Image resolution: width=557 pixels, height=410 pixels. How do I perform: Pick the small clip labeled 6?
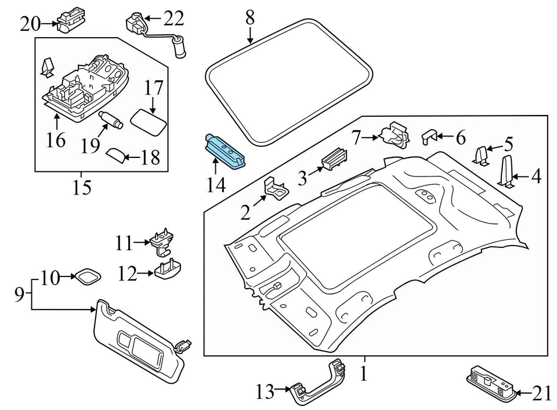pyautogui.click(x=428, y=136)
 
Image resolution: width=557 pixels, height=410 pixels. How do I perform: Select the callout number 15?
pyautogui.click(x=82, y=189)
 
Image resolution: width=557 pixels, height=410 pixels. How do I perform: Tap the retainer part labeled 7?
pyautogui.click(x=395, y=135)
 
